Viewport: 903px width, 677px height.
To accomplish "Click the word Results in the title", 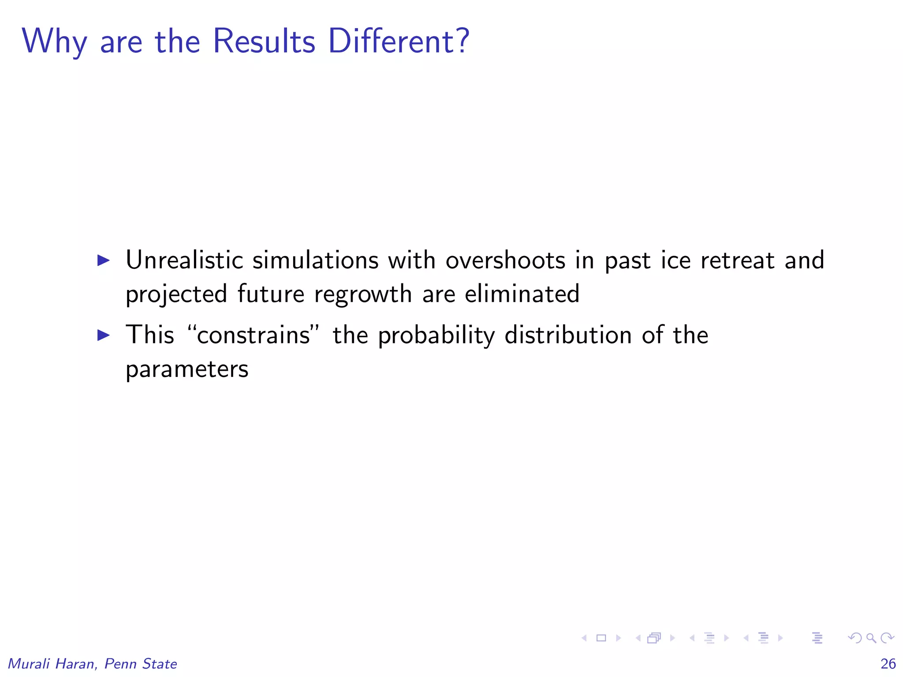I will pyautogui.click(x=264, y=41).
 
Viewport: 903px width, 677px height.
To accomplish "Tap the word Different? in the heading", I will pyautogui.click(x=399, y=41).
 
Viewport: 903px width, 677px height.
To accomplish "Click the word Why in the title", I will pyautogui.click(x=54, y=42).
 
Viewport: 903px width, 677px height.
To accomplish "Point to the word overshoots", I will pyautogui.click(x=505, y=260).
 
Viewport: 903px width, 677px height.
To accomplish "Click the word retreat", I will pyautogui.click(x=737, y=260).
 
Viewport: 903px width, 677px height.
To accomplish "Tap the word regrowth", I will pyautogui.click(x=363, y=294).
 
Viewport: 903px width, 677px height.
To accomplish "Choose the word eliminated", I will pyautogui.click(x=522, y=294).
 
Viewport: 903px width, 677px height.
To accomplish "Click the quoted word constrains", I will pyautogui.click(x=254, y=335).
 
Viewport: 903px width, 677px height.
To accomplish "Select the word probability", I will pyautogui.click(x=437, y=336).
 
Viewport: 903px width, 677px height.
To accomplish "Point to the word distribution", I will pyautogui.click(x=568, y=335).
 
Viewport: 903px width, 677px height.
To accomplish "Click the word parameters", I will pyautogui.click(x=187, y=369).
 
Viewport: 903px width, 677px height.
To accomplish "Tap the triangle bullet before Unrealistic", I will pyautogui.click(x=103, y=260).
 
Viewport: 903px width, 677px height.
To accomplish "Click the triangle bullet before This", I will pyautogui.click(x=103, y=335).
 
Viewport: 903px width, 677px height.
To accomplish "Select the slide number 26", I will pyautogui.click(x=888, y=663).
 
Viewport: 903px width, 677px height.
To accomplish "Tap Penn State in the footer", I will pyautogui.click(x=141, y=664).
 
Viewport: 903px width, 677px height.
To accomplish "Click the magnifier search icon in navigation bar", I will pyautogui.click(x=871, y=638).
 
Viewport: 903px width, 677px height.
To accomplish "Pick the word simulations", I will pyautogui.click(x=315, y=260).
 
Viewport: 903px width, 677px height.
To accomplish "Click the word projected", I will pyautogui.click(x=176, y=294).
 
